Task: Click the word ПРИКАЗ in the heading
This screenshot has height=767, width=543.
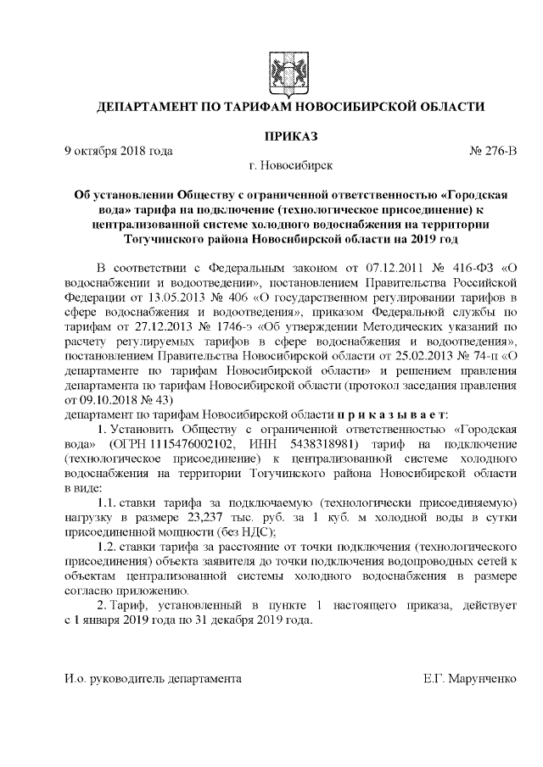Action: pos(291,136)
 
